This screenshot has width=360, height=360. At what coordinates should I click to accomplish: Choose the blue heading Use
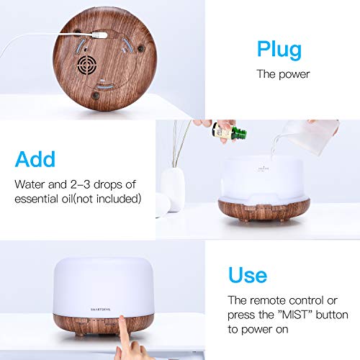(248, 274)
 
